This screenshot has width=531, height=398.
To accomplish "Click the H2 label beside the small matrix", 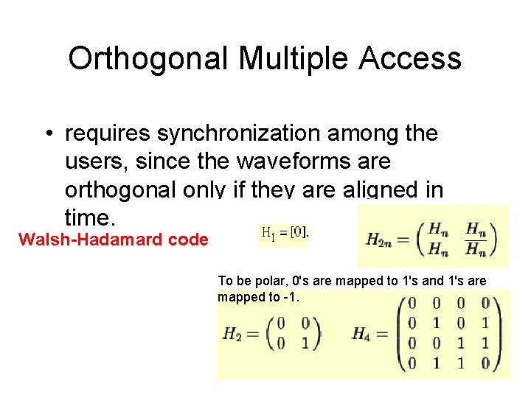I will pyautogui.click(x=234, y=335).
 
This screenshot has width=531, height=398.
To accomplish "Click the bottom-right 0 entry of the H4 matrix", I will pyautogui.click(x=485, y=362).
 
